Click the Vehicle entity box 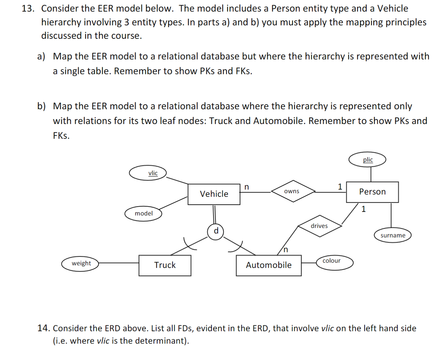214,194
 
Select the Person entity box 372,192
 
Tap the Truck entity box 165,265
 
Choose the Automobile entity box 269,265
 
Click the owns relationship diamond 292,191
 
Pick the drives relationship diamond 319,226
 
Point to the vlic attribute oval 148,173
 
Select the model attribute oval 143,214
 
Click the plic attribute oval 367,160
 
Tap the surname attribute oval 393,235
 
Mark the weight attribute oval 81,264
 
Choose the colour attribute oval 335,263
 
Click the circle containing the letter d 216,231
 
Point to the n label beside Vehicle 247,187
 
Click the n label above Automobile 285,250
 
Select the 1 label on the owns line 340,187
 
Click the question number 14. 44,328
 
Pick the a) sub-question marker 41,56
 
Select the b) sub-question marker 41,106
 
